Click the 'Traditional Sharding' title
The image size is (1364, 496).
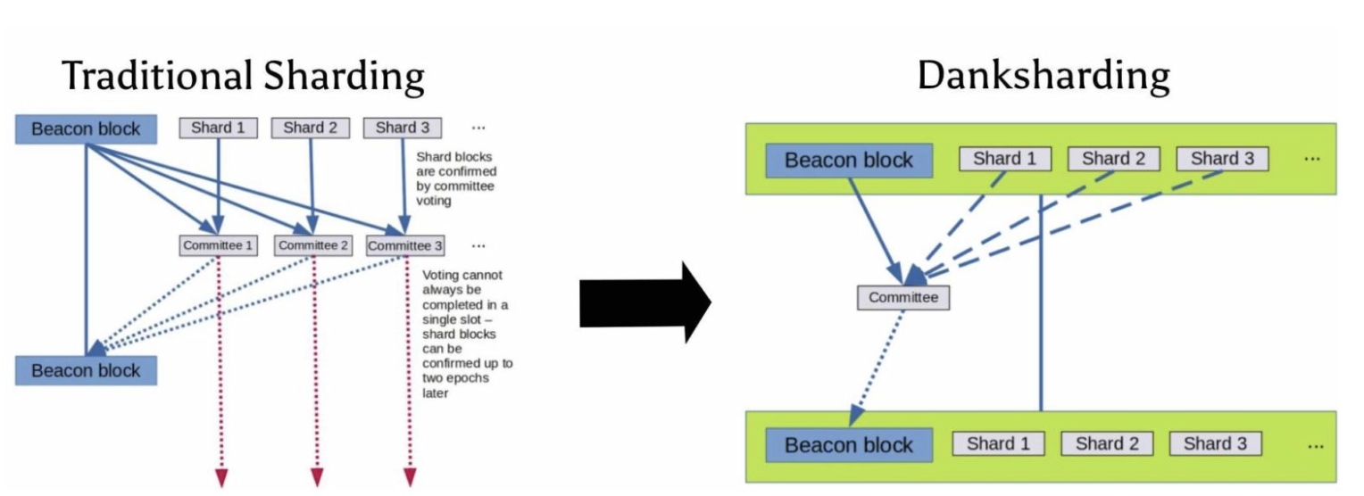[x=243, y=76]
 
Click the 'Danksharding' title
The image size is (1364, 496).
[x=1043, y=76]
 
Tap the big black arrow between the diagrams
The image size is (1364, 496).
[x=645, y=302]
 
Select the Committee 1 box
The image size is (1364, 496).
[x=218, y=245]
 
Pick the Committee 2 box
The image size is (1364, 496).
[x=313, y=245]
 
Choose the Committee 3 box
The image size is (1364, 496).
[x=405, y=245]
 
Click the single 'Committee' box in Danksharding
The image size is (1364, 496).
[x=903, y=297]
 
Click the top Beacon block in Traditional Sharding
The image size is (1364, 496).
[x=86, y=129]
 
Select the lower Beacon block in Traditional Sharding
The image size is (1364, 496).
[x=86, y=370]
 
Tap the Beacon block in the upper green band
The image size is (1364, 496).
[x=849, y=161]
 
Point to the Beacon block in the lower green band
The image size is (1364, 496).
[x=849, y=445]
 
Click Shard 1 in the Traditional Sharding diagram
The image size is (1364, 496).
[x=218, y=128]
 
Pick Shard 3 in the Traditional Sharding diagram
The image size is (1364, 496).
[x=402, y=128]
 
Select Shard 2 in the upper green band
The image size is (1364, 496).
[x=1113, y=159]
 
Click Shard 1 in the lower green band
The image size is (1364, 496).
[x=998, y=443]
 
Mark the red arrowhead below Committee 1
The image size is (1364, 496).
[x=220, y=478]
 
